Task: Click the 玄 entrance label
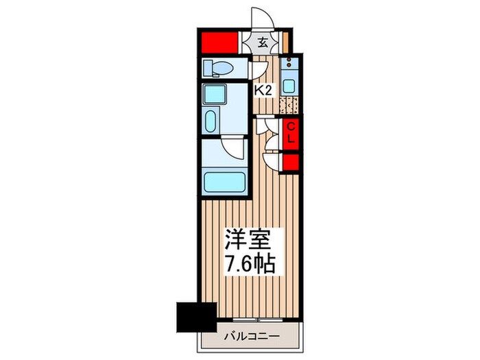(x=263, y=42)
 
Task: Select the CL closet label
(x=291, y=133)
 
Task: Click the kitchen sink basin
(x=289, y=87)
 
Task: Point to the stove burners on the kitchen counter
(x=289, y=67)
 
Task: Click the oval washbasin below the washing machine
(x=211, y=123)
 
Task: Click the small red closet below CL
(x=291, y=162)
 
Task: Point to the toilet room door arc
(x=258, y=69)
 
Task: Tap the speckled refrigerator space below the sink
(x=289, y=106)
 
